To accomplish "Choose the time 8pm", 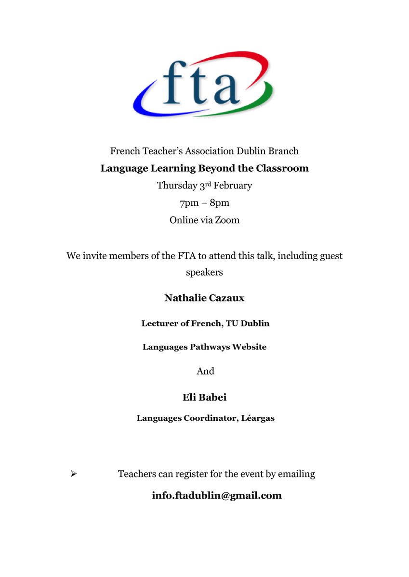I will (x=220, y=203).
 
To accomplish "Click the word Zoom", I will (x=227, y=220).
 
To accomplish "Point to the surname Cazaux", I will (x=226, y=298).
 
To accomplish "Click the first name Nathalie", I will (x=185, y=298).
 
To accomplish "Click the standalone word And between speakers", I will (x=205, y=371).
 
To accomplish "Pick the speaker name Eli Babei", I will (x=205, y=398).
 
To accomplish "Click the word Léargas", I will (x=257, y=418).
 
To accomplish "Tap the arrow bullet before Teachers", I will (x=74, y=474).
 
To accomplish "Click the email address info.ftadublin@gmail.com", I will (x=216, y=495).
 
